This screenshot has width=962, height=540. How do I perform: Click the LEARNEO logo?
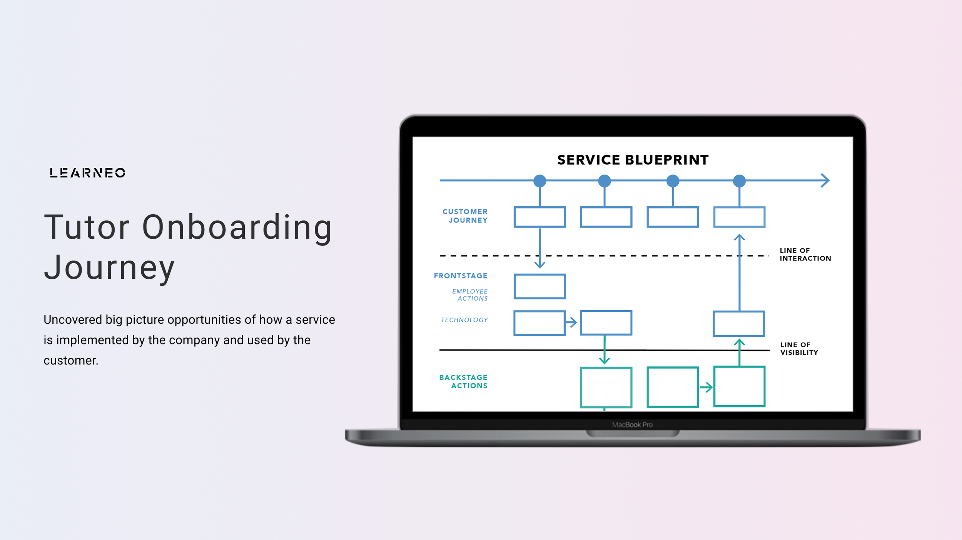coord(87,173)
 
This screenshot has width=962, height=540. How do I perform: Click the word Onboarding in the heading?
coord(237,227)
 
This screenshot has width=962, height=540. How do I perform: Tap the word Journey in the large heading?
coord(109,267)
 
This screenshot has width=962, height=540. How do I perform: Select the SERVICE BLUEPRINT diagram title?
coord(633,160)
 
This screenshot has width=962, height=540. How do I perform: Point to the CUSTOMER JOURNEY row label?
coord(465,216)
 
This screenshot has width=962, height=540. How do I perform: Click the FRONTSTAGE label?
coord(460,276)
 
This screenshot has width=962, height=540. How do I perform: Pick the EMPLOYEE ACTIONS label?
coord(470,295)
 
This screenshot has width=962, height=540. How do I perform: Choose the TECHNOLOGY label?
coord(464,320)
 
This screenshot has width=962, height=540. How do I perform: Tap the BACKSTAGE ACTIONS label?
coord(463,381)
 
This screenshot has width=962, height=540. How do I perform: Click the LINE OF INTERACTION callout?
coord(805,254)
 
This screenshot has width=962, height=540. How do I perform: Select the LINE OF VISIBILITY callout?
coord(799,349)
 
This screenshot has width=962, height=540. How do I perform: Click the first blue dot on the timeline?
coord(539,181)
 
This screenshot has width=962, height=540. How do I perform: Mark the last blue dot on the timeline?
coord(739,181)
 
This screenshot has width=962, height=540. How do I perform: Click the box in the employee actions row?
coord(539,286)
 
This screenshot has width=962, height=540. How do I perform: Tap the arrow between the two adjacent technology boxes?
coord(571,322)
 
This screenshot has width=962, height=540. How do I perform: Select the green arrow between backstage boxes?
coord(706,387)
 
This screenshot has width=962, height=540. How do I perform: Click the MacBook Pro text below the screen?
coord(632,425)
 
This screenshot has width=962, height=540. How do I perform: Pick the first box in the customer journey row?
coord(539,217)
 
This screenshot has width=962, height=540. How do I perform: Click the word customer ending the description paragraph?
coord(70,361)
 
